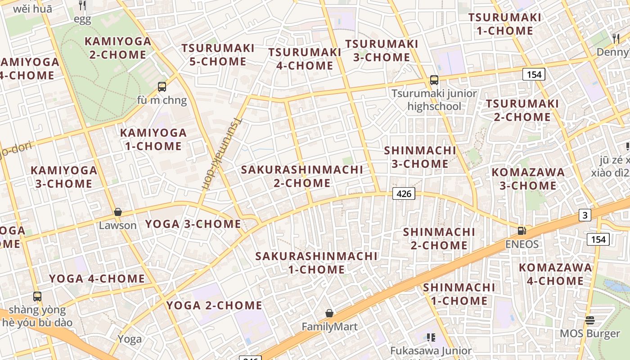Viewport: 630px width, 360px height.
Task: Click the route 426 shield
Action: pyautogui.click(x=404, y=194)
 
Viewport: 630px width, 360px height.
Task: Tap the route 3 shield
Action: pyautogui.click(x=585, y=216)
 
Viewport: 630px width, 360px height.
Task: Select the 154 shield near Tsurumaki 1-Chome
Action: pyautogui.click(x=534, y=74)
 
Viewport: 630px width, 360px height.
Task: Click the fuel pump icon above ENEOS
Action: pyautogui.click(x=522, y=231)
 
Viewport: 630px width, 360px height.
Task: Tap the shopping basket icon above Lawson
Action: pyautogui.click(x=118, y=211)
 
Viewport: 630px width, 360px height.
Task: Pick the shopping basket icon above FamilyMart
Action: pyautogui.click(x=329, y=313)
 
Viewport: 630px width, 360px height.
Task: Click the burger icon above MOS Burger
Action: pyautogui.click(x=590, y=320)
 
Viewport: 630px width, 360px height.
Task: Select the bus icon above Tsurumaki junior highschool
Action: pyautogui.click(x=434, y=80)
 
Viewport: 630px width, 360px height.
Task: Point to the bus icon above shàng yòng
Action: pyautogui.click(x=37, y=297)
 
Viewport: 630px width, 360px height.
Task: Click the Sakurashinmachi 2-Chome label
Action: pyautogui.click(x=302, y=176)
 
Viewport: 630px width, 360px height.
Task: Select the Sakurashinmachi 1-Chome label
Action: pyautogui.click(x=316, y=263)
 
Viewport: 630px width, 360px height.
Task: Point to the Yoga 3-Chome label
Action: pyautogui.click(x=193, y=224)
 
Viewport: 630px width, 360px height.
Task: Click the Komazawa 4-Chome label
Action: pyautogui.click(x=555, y=274)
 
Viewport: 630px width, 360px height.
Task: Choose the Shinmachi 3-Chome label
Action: pyautogui.click(x=420, y=157)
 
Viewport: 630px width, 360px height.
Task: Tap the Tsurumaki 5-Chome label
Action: pyautogui.click(x=218, y=54)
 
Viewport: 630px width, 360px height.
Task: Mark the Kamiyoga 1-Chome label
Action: pyautogui.click(x=153, y=139)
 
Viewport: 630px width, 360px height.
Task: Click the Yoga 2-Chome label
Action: pyautogui.click(x=214, y=306)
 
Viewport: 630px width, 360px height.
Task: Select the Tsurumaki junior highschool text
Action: pyautogui.click(x=434, y=100)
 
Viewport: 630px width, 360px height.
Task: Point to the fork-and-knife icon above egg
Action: pyautogui.click(x=82, y=5)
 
